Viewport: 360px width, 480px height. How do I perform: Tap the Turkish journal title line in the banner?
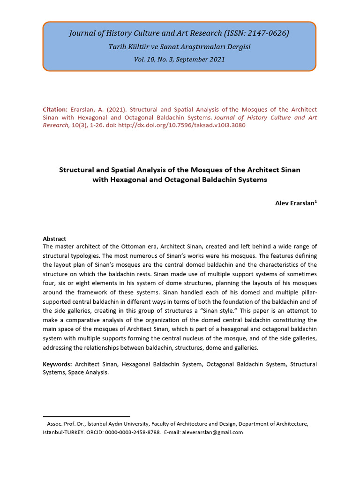pyautogui.click(x=180, y=47)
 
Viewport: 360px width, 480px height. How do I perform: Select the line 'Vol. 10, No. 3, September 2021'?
pyautogui.click(x=180, y=60)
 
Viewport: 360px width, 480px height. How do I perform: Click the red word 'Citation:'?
pyautogui.click(x=55, y=109)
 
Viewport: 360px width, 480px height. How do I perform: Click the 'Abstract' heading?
pyautogui.click(x=54, y=239)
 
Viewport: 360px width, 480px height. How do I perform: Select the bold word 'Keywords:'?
pyautogui.click(x=57, y=364)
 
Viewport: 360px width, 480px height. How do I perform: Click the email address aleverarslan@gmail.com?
pyautogui.click(x=212, y=432)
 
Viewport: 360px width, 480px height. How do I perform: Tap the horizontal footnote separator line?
pyautogui.click(x=86, y=416)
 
